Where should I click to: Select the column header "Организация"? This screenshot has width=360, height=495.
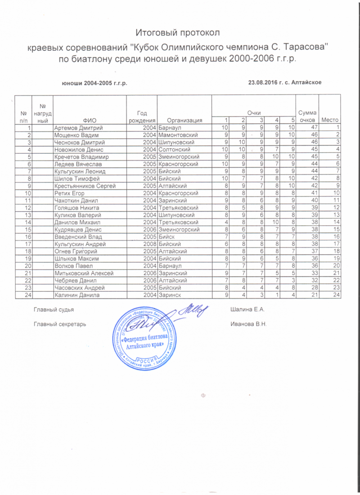click(184, 120)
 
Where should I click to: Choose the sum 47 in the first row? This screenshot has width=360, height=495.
click(307, 128)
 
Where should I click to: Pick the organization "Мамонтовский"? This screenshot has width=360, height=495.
click(178, 135)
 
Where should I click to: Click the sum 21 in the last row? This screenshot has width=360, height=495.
click(307, 294)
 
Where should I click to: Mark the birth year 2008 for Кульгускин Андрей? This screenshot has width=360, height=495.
click(149, 244)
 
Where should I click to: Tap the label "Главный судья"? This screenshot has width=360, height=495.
click(54, 310)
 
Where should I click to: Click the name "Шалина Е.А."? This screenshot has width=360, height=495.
click(246, 310)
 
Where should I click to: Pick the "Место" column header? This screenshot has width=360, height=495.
click(329, 120)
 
